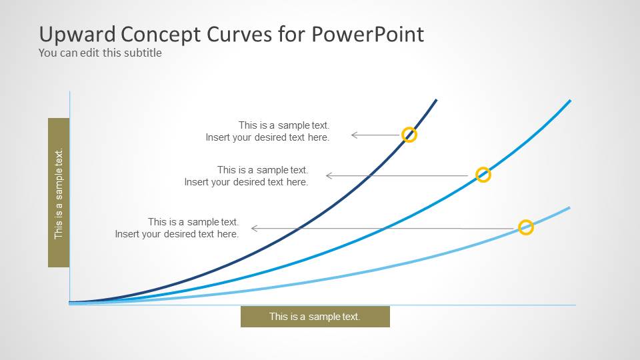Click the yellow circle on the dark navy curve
point(409,128)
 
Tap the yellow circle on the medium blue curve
point(483,168)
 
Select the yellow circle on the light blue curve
point(526,221)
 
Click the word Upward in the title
point(77,34)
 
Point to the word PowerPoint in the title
point(368,34)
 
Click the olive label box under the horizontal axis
point(315,317)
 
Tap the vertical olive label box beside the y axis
point(59,193)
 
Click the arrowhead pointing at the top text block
point(354,135)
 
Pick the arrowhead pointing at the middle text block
point(329,176)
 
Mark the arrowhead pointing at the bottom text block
point(254,229)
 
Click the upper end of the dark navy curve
point(436,99)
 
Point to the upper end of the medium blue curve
point(570,101)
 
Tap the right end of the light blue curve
point(569,208)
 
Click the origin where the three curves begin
point(70,303)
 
